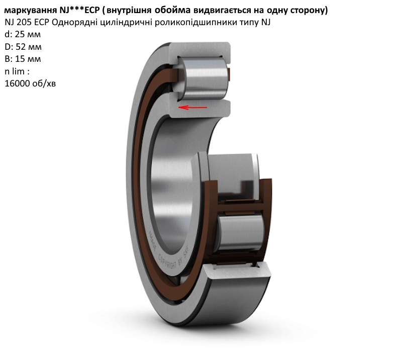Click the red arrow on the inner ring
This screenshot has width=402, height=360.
[x=193, y=107]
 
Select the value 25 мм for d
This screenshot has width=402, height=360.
[x=28, y=34]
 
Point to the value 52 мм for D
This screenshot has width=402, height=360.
[x=29, y=47]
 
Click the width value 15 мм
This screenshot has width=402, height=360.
[x=28, y=59]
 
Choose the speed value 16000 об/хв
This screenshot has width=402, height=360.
[x=30, y=83]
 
